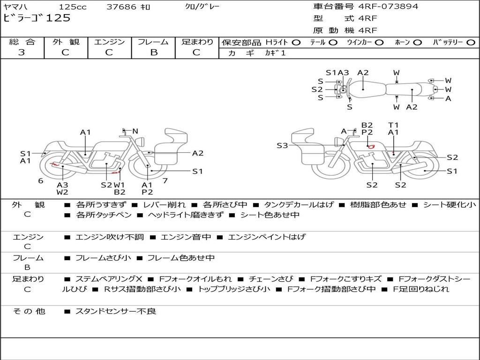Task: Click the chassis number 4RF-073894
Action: coord(388,7)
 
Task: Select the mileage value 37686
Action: coord(121,7)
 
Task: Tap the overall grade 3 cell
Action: coord(22,52)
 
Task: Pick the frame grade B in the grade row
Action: coord(153,52)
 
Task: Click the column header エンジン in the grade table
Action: coord(109,42)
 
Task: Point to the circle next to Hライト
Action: coord(296,42)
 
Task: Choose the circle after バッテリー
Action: coord(471,42)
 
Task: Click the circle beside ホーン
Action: coord(418,42)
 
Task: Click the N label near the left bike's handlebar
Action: coord(135,131)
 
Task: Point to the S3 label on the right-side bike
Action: coord(282,146)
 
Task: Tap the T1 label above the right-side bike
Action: coord(393,125)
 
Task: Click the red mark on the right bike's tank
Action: coord(371,146)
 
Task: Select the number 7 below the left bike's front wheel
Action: coord(165,180)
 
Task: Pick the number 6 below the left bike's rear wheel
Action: coord(41,180)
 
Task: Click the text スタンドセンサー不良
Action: coord(116,311)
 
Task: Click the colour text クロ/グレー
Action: coord(202,7)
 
